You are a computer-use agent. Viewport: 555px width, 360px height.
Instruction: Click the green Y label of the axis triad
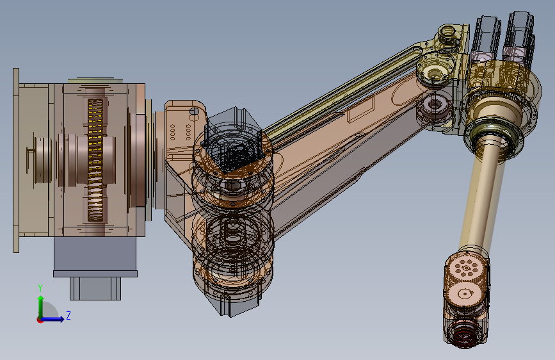point(40,288)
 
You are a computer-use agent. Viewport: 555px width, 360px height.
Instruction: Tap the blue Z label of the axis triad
point(68,315)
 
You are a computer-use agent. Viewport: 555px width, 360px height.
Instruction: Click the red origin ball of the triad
point(39,320)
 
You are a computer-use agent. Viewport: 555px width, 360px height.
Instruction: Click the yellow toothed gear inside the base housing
point(95,160)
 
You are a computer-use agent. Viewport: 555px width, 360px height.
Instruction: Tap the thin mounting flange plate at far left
point(16,160)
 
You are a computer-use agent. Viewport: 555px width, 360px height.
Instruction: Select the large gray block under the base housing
point(95,254)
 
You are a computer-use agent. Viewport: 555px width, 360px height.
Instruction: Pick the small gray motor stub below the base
point(95,288)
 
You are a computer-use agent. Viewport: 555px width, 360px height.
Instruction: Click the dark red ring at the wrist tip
point(464,336)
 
